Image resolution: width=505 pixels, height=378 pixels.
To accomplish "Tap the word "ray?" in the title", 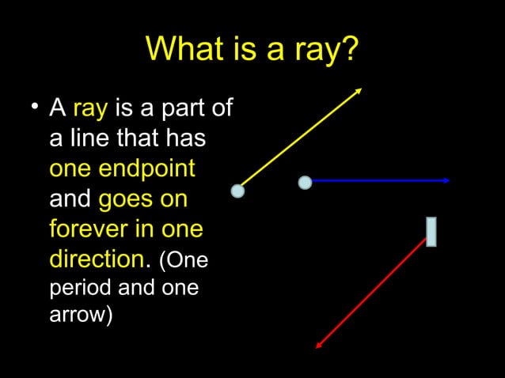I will click(326, 52).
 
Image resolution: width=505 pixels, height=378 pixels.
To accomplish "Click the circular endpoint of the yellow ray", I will click(237, 191).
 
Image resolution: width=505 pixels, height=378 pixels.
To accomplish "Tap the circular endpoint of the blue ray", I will click(305, 183).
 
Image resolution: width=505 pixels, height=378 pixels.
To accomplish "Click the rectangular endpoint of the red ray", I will click(431, 231).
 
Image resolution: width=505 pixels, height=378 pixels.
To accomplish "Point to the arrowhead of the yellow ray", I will click(359, 90).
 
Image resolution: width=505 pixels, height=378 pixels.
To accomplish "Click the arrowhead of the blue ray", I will click(447, 181).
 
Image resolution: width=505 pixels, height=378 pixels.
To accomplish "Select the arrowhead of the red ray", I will click(319, 344).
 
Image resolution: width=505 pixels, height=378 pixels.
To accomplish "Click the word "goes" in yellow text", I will click(123, 199).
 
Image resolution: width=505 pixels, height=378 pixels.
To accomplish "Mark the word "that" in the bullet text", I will click(135, 138).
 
